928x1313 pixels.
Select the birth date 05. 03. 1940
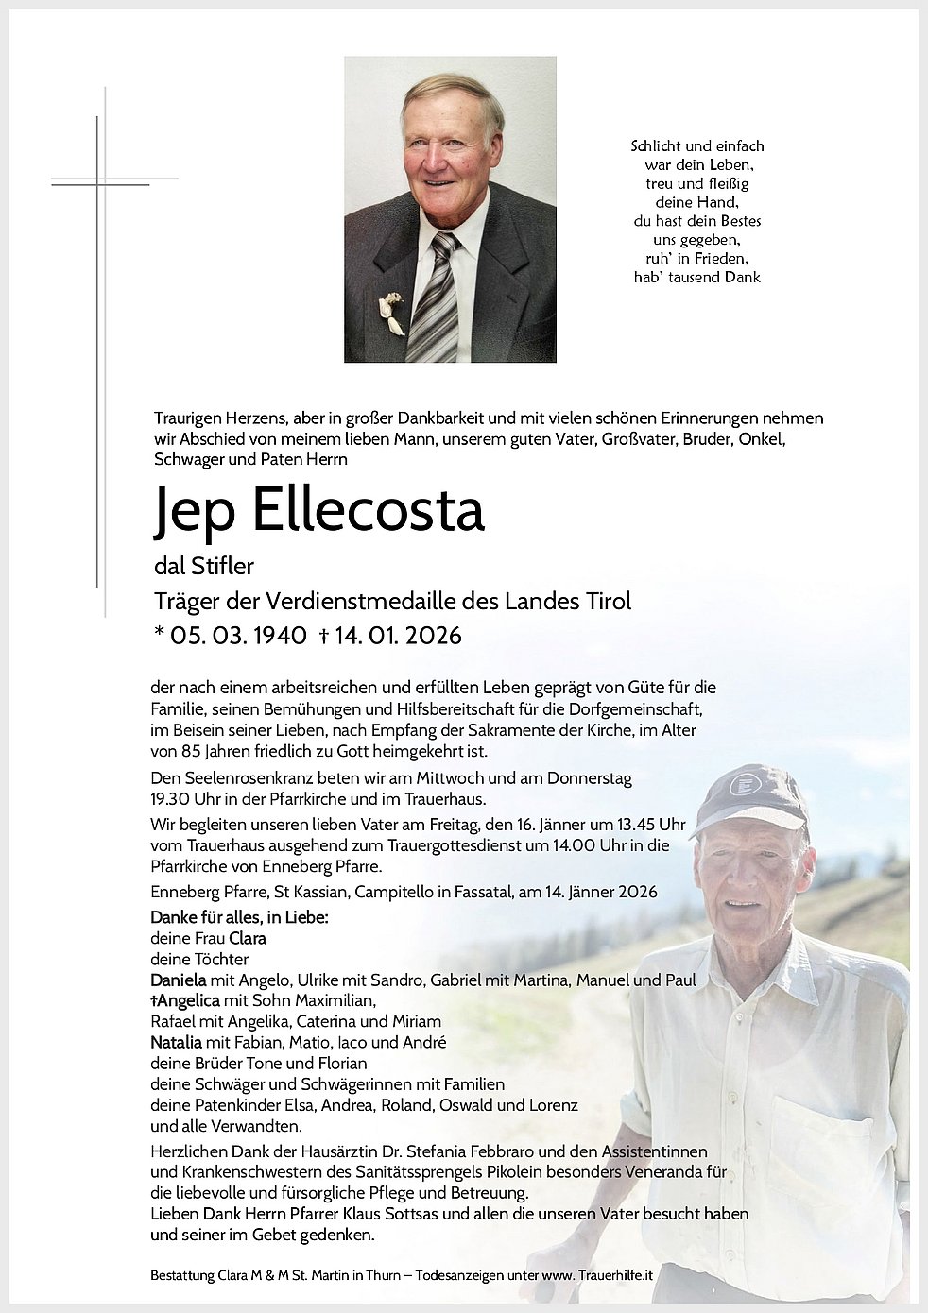coord(237,636)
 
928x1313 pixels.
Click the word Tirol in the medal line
coord(605,601)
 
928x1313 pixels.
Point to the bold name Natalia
coord(176,1042)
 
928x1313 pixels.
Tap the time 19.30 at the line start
coord(171,798)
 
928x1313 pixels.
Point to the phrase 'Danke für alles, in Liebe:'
coord(239,917)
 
